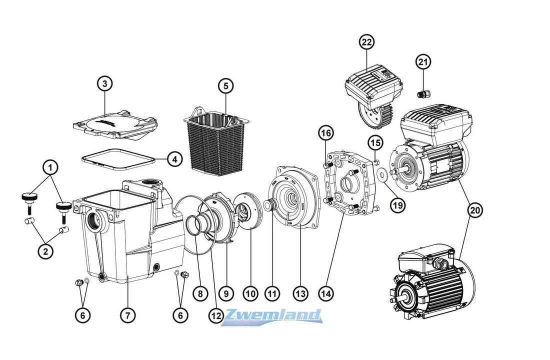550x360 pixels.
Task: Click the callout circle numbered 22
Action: pyautogui.click(x=367, y=42)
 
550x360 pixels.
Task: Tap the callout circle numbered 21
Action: pyautogui.click(x=423, y=62)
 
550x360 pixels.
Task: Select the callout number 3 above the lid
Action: pyautogui.click(x=104, y=83)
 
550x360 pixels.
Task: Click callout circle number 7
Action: pyautogui.click(x=128, y=315)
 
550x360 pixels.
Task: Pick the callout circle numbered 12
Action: pyautogui.click(x=215, y=315)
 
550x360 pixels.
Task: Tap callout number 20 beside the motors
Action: pyautogui.click(x=475, y=210)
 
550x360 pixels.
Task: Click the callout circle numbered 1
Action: pyautogui.click(x=50, y=167)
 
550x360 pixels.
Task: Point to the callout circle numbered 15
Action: pyautogui.click(x=375, y=142)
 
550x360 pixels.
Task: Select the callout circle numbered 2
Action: pyautogui.click(x=45, y=251)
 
